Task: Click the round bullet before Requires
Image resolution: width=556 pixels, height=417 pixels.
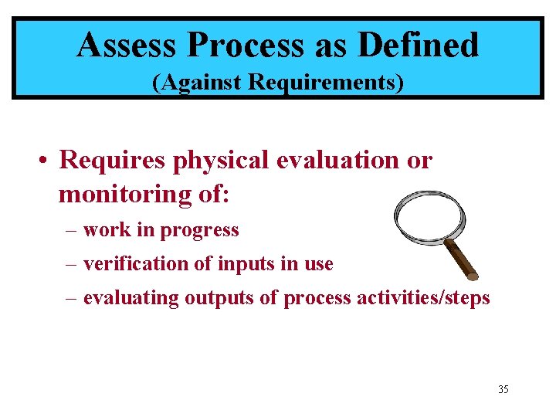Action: [x=46, y=161]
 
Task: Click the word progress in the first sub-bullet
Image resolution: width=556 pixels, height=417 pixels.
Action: [x=203, y=230]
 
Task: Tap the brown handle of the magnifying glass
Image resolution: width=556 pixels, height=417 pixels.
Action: [x=461, y=258]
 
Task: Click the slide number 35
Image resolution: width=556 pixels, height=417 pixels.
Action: [x=503, y=389]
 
